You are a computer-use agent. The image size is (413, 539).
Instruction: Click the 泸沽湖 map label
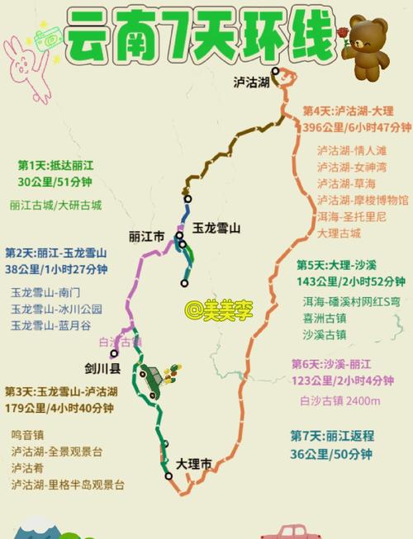coord(251,81)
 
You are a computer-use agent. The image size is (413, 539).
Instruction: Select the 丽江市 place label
coord(147,237)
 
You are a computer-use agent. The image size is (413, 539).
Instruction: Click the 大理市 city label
coord(194,464)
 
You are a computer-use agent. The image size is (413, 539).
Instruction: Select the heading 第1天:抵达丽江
coord(55,165)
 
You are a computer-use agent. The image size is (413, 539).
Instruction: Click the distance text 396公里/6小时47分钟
coord(357,127)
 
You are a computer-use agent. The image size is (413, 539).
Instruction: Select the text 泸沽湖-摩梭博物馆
coord(362,200)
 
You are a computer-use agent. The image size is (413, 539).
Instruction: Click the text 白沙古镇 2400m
coord(339,401)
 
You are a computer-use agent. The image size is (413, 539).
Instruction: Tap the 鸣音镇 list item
coord(28,434)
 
